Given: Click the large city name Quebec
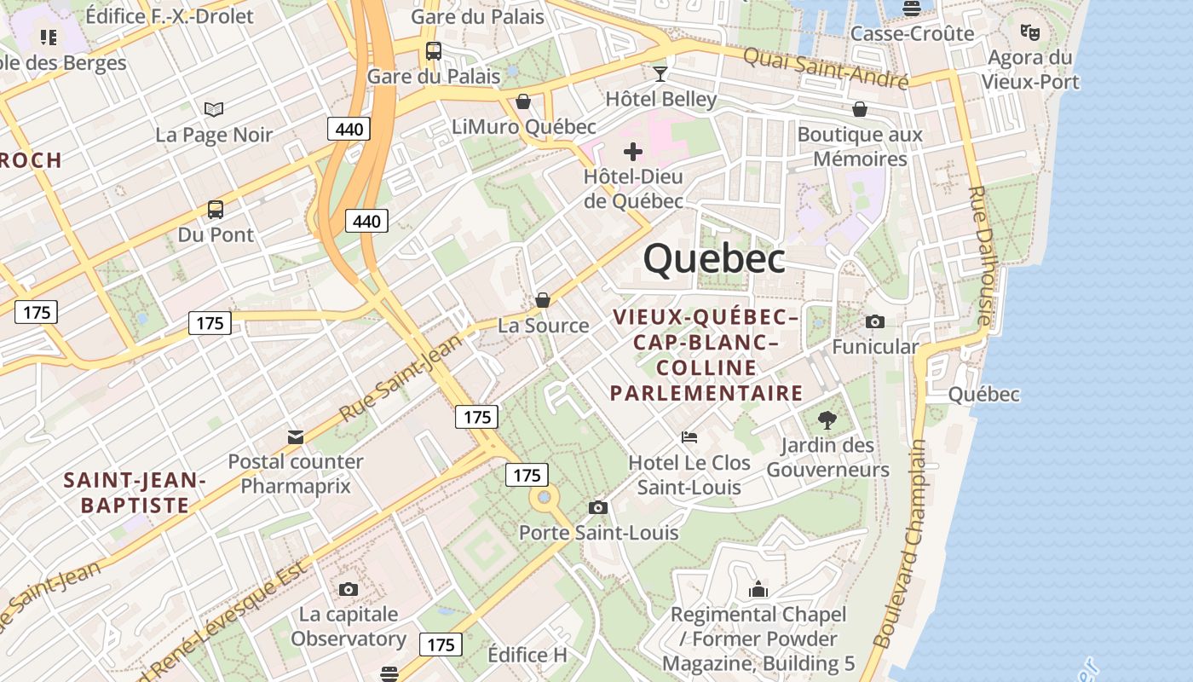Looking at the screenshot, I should (x=714, y=258).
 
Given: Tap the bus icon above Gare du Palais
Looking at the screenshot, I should (x=434, y=51).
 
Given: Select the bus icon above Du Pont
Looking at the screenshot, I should (x=216, y=209).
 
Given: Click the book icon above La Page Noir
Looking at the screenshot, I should (x=214, y=109).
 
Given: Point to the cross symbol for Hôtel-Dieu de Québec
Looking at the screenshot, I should (x=633, y=152).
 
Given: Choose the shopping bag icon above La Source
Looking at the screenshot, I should (x=543, y=300).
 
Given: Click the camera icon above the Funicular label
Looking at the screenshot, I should (x=875, y=321).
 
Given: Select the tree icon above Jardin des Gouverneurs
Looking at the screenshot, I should (x=827, y=419).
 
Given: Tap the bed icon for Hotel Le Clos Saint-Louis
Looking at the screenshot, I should (x=689, y=437).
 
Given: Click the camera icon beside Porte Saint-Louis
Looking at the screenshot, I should (x=598, y=507).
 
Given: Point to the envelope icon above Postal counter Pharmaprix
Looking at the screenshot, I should (x=296, y=437).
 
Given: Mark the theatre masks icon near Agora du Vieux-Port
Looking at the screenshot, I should (x=1030, y=32).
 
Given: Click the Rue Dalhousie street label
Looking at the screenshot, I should (x=983, y=256).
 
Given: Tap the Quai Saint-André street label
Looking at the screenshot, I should (x=825, y=68).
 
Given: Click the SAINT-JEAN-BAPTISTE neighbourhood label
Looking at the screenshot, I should (x=135, y=493).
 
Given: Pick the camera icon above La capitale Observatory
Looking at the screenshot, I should (x=349, y=589).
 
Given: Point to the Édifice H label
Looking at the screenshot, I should (x=527, y=655).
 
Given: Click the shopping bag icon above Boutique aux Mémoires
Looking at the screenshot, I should (x=860, y=109).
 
